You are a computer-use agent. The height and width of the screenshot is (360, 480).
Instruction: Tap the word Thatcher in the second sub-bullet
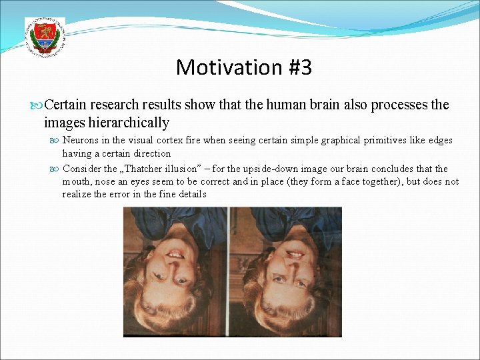click(144, 169)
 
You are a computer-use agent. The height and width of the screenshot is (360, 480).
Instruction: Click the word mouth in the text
click(76, 181)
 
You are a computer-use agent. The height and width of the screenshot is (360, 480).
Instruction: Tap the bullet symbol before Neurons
click(56, 141)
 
